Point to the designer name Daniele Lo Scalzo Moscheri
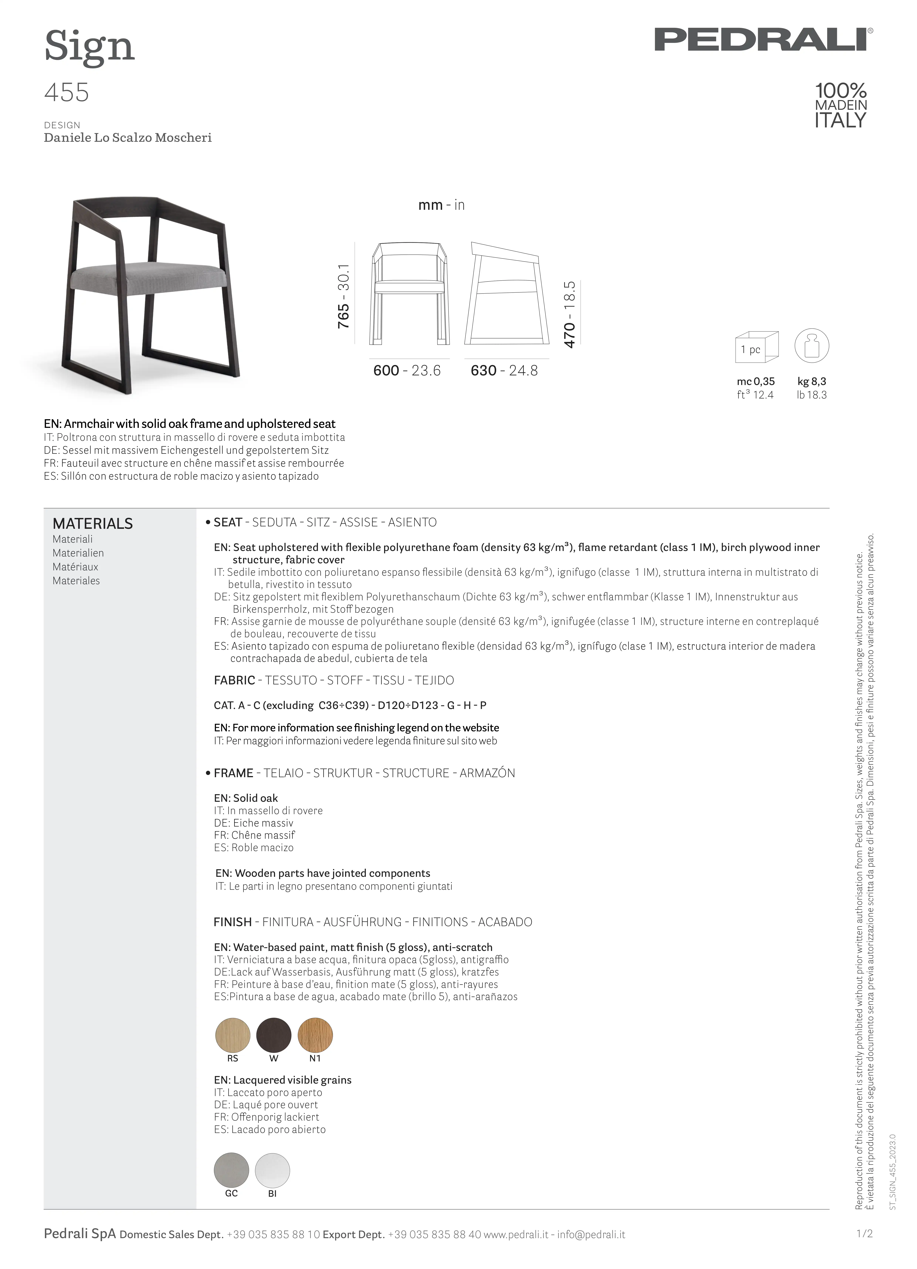pyautogui.click(x=128, y=138)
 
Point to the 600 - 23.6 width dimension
pyautogui.click(x=407, y=370)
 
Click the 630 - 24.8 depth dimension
pyautogui.click(x=504, y=370)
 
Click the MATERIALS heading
pyautogui.click(x=92, y=524)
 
